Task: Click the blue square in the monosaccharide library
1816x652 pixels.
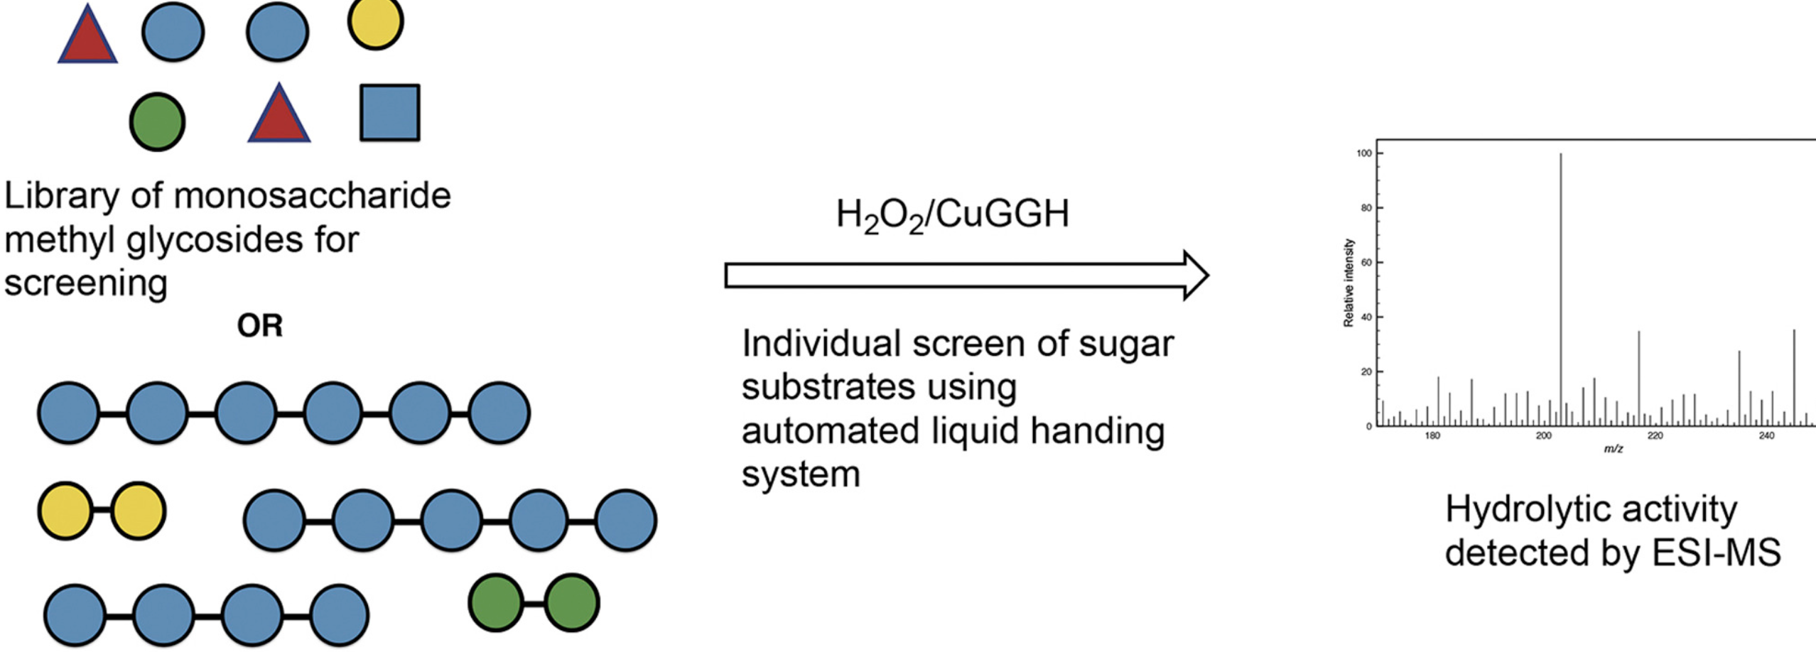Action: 389,113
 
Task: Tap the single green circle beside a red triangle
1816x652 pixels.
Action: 157,121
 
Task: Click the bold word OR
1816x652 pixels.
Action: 260,326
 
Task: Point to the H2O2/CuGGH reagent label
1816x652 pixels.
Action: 952,214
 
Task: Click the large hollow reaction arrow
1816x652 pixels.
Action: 966,275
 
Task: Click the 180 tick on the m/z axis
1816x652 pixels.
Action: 1432,436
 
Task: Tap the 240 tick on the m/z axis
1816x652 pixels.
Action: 1766,436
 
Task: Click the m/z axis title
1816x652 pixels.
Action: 1614,450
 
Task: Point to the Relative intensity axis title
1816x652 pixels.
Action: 1349,283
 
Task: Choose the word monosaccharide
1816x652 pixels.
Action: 312,195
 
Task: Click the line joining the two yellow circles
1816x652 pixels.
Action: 102,510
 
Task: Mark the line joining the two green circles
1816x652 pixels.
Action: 534,603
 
